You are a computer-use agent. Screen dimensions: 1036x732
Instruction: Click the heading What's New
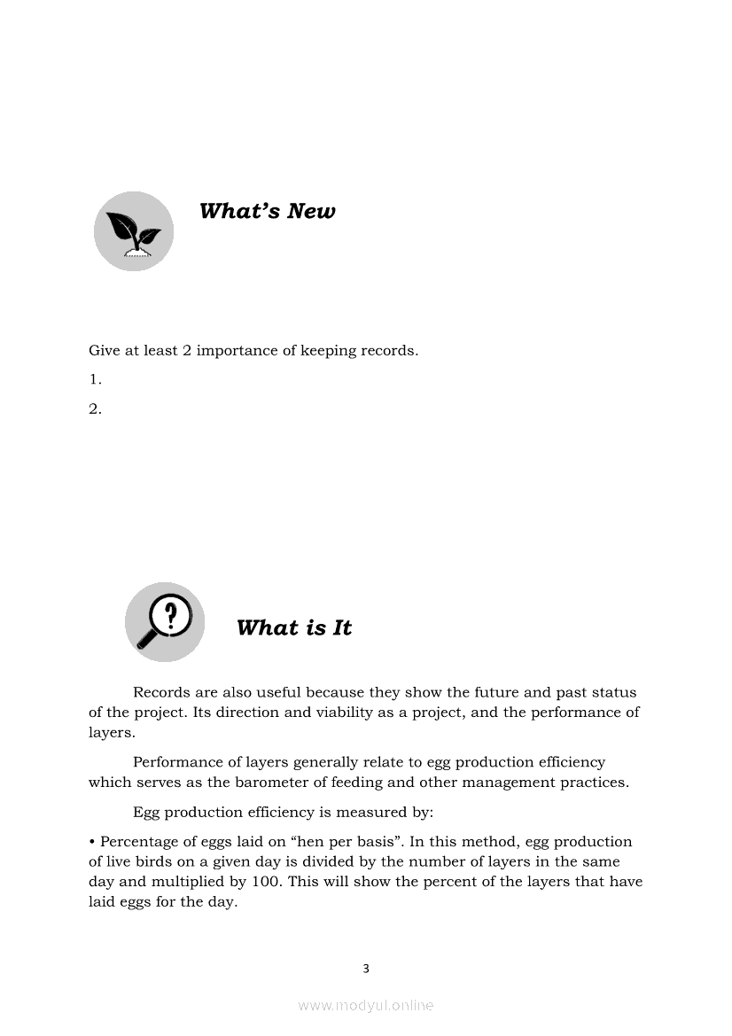click(267, 211)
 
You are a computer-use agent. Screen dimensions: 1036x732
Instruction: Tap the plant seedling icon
click(134, 231)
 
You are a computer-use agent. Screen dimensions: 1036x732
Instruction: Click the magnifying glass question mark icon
click(165, 621)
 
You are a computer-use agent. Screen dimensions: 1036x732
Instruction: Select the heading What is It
click(294, 627)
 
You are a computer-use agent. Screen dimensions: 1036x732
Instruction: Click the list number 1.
click(95, 379)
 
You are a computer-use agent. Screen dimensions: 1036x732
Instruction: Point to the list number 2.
click(95, 409)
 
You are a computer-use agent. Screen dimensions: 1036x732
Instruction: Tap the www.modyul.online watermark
click(366, 1005)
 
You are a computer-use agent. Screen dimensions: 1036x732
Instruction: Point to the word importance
click(237, 350)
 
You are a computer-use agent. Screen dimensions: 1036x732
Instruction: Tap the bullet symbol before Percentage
click(92, 841)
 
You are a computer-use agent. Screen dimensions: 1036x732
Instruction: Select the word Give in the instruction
click(103, 350)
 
